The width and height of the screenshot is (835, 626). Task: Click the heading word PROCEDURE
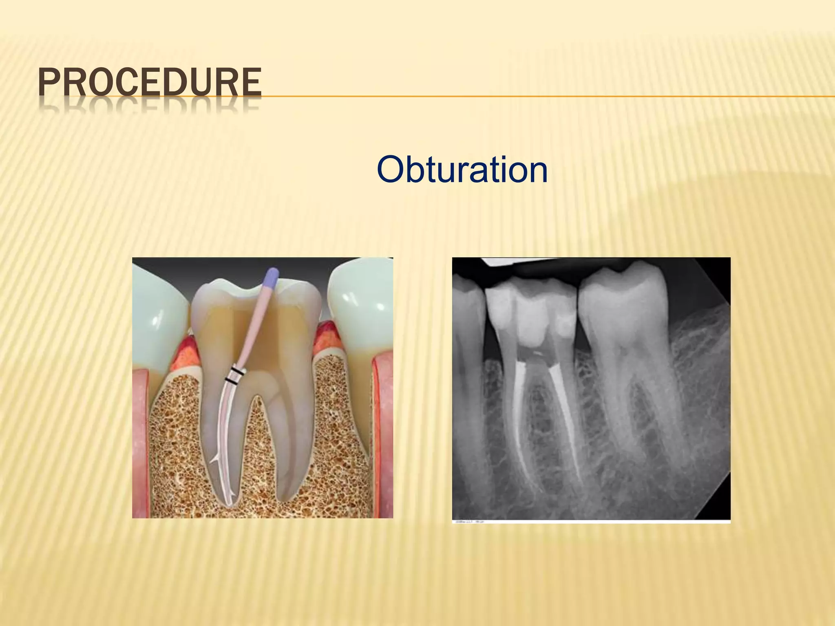pyautogui.click(x=150, y=83)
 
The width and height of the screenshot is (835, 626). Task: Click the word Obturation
pyautogui.click(x=462, y=170)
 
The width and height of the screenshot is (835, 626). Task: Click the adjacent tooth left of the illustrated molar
pyautogui.click(x=157, y=310)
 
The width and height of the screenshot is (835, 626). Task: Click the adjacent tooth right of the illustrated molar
pyautogui.click(x=359, y=302)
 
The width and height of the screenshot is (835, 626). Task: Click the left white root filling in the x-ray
pyautogui.click(x=519, y=408)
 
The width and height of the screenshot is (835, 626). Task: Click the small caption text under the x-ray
pyautogui.click(x=469, y=521)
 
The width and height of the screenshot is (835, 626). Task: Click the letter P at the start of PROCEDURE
pyautogui.click(x=48, y=83)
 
